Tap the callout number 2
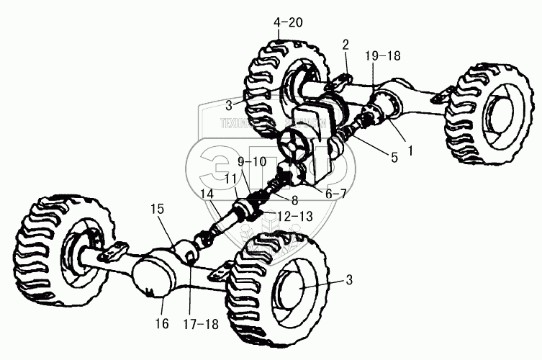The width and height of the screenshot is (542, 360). coord(345,45)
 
